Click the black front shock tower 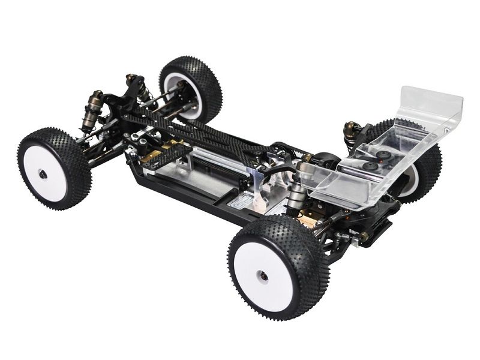pos(120,102)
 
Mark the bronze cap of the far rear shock pos(350,128)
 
